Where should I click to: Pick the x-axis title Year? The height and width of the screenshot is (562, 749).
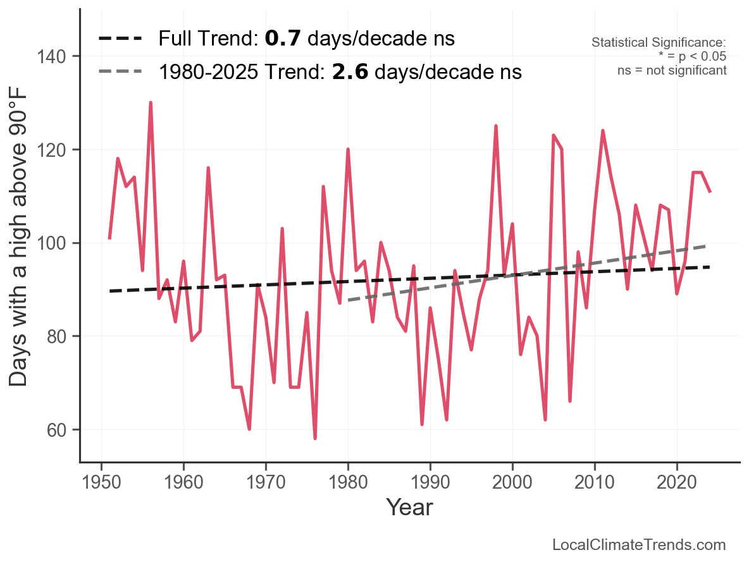409,508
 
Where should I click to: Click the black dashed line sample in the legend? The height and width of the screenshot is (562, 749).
120,39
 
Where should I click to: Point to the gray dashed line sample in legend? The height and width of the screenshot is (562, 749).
120,72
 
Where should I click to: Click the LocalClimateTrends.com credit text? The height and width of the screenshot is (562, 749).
639,545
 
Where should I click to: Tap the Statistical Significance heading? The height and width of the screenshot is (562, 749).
659,43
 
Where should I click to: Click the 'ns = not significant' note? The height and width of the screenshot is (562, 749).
672,70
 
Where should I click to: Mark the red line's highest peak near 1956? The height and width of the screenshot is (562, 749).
151,102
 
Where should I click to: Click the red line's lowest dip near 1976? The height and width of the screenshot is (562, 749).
315,439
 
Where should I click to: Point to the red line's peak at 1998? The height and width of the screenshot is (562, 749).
496,126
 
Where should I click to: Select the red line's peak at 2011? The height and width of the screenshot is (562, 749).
603,131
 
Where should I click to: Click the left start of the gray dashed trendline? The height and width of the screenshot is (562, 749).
349,300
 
